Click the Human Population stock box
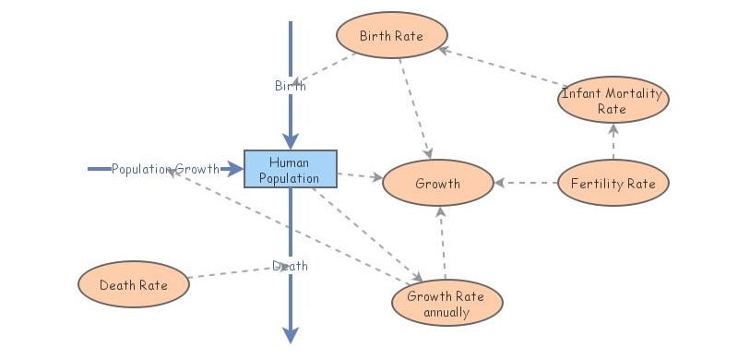(x=291, y=169)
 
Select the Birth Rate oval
(x=391, y=37)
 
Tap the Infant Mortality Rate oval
(x=612, y=100)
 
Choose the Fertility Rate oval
(x=613, y=183)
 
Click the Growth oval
(x=437, y=183)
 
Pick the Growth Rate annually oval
(x=447, y=304)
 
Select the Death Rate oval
(x=134, y=284)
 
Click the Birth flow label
(x=290, y=86)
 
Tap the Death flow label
(x=290, y=266)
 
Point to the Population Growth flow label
(x=165, y=169)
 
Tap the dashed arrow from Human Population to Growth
(x=360, y=174)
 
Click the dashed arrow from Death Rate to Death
(x=235, y=273)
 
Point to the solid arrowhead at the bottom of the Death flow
(x=291, y=332)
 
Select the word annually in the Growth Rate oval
(x=447, y=312)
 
